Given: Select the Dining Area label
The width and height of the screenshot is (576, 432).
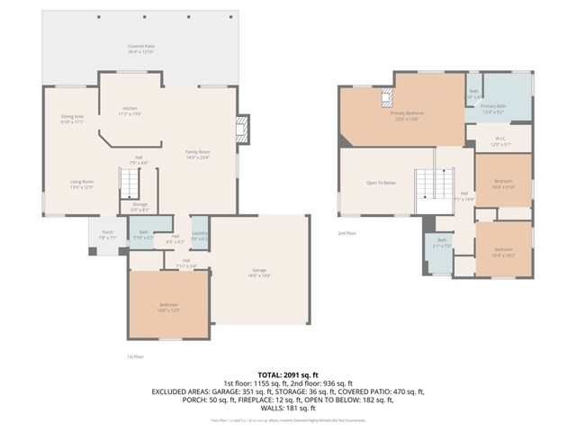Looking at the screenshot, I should pyautogui.click(x=72, y=118).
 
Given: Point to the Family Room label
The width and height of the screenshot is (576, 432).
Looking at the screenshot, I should pyautogui.click(x=197, y=154).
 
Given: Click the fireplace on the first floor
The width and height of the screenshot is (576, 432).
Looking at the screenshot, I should pyautogui.click(x=240, y=129).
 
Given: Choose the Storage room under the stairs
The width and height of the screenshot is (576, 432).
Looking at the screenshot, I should pyautogui.click(x=139, y=206).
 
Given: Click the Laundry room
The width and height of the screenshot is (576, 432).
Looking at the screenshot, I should pyautogui.click(x=200, y=235).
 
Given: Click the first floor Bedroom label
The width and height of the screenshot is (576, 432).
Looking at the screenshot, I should pyautogui.click(x=169, y=307).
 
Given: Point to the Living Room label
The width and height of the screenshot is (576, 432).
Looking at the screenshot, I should pyautogui.click(x=82, y=184).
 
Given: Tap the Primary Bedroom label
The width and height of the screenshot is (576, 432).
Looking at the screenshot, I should pyautogui.click(x=406, y=115).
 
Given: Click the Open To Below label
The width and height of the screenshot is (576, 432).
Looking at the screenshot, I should pyautogui.click(x=381, y=181).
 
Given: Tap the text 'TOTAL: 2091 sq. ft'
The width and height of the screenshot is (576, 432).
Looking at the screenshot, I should pyautogui.click(x=288, y=373).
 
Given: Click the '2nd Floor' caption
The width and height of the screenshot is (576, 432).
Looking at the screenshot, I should pyautogui.click(x=347, y=232).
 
